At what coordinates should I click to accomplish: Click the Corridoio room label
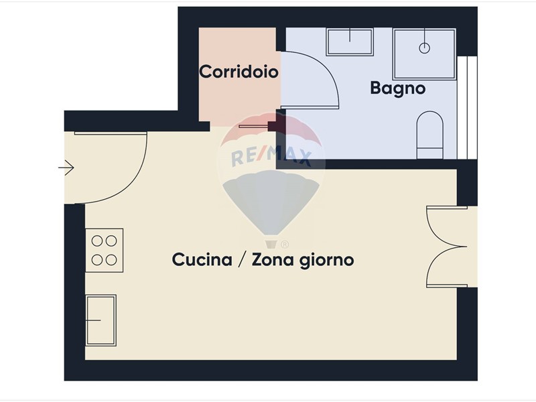239,72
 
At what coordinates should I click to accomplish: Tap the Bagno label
398,88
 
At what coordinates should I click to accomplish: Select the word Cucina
202,259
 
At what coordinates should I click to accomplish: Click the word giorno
326,261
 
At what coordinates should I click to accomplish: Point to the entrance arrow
66,168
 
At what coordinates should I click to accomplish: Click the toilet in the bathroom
429,135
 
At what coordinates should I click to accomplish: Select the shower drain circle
425,48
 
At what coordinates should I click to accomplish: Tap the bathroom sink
350,42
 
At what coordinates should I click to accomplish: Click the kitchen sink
101,320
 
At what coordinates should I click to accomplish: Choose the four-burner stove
105,251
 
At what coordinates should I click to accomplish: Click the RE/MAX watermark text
271,157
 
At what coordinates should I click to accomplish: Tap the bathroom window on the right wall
467,107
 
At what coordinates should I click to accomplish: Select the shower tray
425,54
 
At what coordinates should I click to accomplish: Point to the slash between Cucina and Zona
242,260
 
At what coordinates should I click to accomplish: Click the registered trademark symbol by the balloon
284,245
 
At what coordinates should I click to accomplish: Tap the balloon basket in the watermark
271,245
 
